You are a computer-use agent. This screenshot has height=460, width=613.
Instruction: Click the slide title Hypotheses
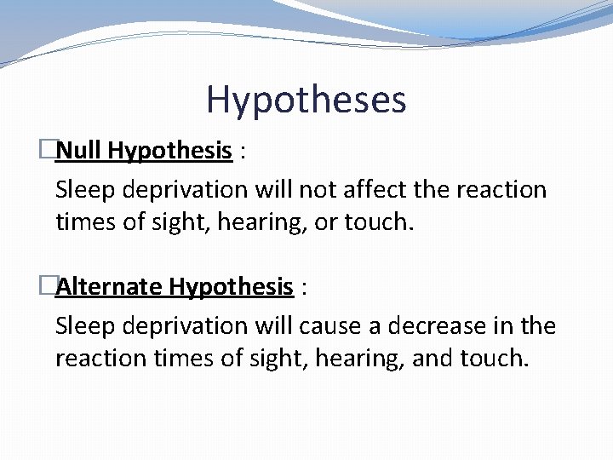[x=306, y=100]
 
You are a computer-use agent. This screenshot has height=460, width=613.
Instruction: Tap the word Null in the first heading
[x=79, y=152]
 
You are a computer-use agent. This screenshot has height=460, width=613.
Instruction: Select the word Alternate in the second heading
[x=109, y=286]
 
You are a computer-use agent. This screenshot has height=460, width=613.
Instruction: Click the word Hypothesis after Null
[x=170, y=152]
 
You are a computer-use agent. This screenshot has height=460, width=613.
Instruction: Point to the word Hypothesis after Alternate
[x=231, y=287]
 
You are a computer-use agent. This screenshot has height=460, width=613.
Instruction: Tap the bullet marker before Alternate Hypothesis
[x=49, y=286]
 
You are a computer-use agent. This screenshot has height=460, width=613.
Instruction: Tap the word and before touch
[x=432, y=359]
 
